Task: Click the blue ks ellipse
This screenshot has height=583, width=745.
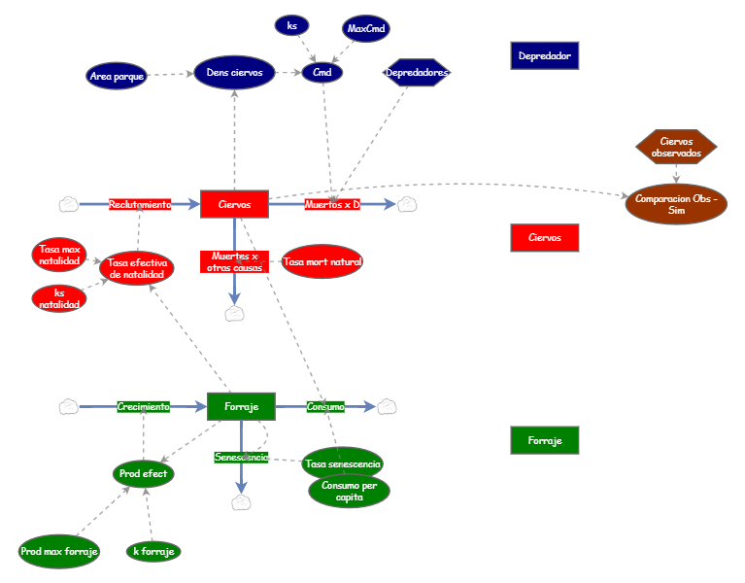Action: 291,25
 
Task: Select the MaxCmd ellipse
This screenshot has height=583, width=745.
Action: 366,28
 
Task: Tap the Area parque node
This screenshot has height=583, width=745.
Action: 117,76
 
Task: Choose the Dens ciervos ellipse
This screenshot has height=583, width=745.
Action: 234,73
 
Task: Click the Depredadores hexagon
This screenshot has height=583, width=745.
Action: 417,72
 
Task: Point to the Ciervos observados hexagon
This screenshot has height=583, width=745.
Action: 676,147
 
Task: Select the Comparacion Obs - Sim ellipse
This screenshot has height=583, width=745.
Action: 676,204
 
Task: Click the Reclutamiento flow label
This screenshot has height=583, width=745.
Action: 140,204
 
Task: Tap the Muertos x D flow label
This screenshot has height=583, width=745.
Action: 332,204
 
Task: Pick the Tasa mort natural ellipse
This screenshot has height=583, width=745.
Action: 322,261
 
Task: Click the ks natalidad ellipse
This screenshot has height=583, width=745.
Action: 59,298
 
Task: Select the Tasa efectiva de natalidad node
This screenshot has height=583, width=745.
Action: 137,268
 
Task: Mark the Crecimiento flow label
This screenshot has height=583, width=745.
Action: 144,407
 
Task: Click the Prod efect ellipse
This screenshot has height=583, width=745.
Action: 143,474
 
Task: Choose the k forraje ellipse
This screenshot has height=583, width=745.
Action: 153,551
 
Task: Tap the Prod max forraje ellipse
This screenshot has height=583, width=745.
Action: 59,551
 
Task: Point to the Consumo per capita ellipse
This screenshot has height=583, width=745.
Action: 350,491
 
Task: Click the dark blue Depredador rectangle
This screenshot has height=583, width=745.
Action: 545,55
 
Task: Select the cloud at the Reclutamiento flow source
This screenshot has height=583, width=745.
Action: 69,204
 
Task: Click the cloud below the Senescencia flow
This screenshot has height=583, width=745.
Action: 241,502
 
